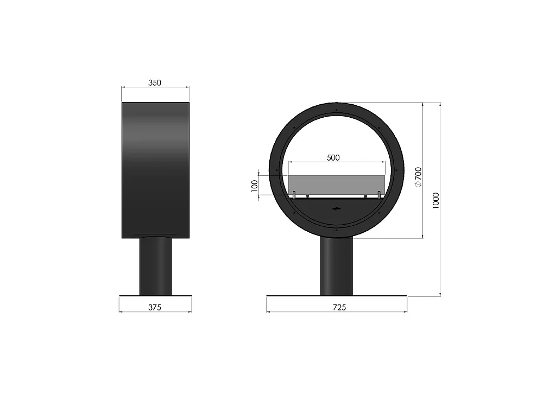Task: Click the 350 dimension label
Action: [155, 82]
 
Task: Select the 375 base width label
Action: [155, 307]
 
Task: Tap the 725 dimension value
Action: [339, 307]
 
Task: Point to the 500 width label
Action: [333, 158]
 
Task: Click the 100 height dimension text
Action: [255, 186]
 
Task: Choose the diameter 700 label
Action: [418, 177]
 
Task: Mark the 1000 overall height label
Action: [436, 200]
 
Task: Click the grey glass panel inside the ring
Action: [337, 185]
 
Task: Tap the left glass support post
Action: [294, 195]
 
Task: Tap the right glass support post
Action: [379, 195]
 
